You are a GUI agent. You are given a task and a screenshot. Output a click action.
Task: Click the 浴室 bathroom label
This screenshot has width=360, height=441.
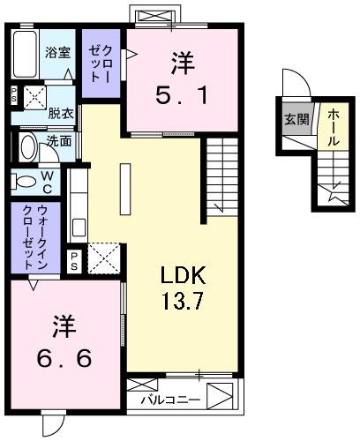(57, 52)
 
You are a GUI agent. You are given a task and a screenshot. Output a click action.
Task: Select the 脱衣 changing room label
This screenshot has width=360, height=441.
(60, 113)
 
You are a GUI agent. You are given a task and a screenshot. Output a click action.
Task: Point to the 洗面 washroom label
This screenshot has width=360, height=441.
(60, 140)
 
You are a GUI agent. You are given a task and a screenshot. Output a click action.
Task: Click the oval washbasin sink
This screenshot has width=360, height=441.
(27, 146)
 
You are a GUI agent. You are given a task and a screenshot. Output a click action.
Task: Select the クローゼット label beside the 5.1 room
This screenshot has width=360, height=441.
(96, 64)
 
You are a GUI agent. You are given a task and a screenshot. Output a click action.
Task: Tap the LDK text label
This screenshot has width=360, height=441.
(181, 276)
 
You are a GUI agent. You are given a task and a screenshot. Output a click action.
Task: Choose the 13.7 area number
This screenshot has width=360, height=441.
(183, 302)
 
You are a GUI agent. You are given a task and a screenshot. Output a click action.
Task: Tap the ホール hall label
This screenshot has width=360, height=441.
(332, 123)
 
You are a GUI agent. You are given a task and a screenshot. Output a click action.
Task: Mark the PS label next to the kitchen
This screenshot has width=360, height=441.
(75, 261)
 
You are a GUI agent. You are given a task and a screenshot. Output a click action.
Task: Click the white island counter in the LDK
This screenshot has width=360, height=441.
(124, 186)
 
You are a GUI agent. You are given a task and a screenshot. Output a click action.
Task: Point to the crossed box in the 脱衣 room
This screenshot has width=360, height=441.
(34, 96)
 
